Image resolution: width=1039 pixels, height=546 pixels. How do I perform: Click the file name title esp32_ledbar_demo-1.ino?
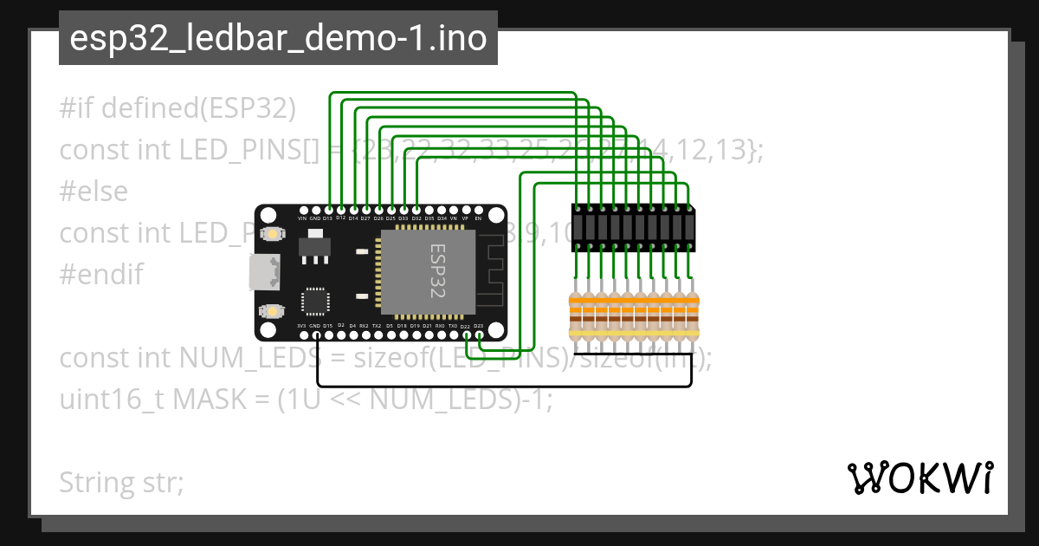click(277, 39)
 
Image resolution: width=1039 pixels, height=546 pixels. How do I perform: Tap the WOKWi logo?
click(919, 478)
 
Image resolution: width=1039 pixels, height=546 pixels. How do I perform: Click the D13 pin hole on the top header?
click(328, 210)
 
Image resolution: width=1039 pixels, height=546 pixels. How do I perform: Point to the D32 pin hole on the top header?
click(416, 210)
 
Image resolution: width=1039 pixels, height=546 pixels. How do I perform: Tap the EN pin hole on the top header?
click(478, 210)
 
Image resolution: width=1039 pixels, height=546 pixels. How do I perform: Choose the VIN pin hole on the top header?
click(302, 210)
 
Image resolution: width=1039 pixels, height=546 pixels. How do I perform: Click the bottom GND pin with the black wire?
click(315, 335)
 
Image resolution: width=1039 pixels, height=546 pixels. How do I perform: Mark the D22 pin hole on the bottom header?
click(466, 335)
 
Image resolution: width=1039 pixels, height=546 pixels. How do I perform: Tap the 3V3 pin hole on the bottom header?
click(302, 335)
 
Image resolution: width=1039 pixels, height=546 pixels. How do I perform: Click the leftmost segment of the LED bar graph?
click(578, 229)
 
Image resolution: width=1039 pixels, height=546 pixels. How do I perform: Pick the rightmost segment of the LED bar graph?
click(690, 229)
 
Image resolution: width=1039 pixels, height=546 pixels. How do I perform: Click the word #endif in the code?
click(100, 275)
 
